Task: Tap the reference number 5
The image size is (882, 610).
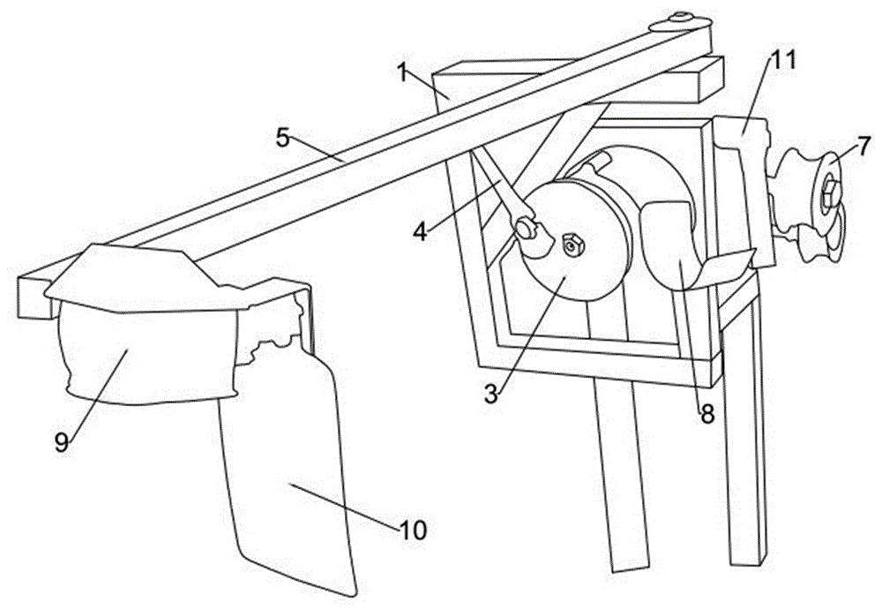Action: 283,138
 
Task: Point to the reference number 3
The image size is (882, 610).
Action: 491,395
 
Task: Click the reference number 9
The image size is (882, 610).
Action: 62,441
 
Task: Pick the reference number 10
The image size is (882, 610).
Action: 414,529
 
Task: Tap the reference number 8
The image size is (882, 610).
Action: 706,414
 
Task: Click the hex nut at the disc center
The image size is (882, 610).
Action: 572,245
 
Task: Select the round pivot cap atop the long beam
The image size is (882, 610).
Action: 680,21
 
